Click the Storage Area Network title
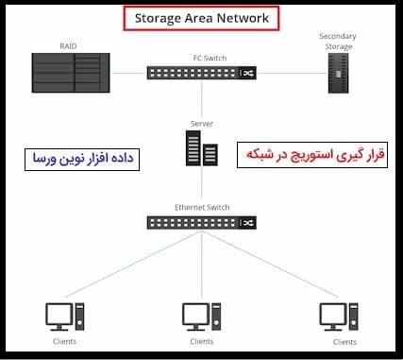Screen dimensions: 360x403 (200, 18)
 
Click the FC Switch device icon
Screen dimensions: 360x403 (201, 73)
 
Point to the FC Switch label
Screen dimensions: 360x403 (201, 58)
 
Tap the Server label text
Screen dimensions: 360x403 (201, 125)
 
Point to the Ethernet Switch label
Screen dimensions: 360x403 (201, 207)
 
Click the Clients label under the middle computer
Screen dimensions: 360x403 (201, 341)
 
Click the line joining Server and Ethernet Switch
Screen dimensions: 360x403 (201, 189)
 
